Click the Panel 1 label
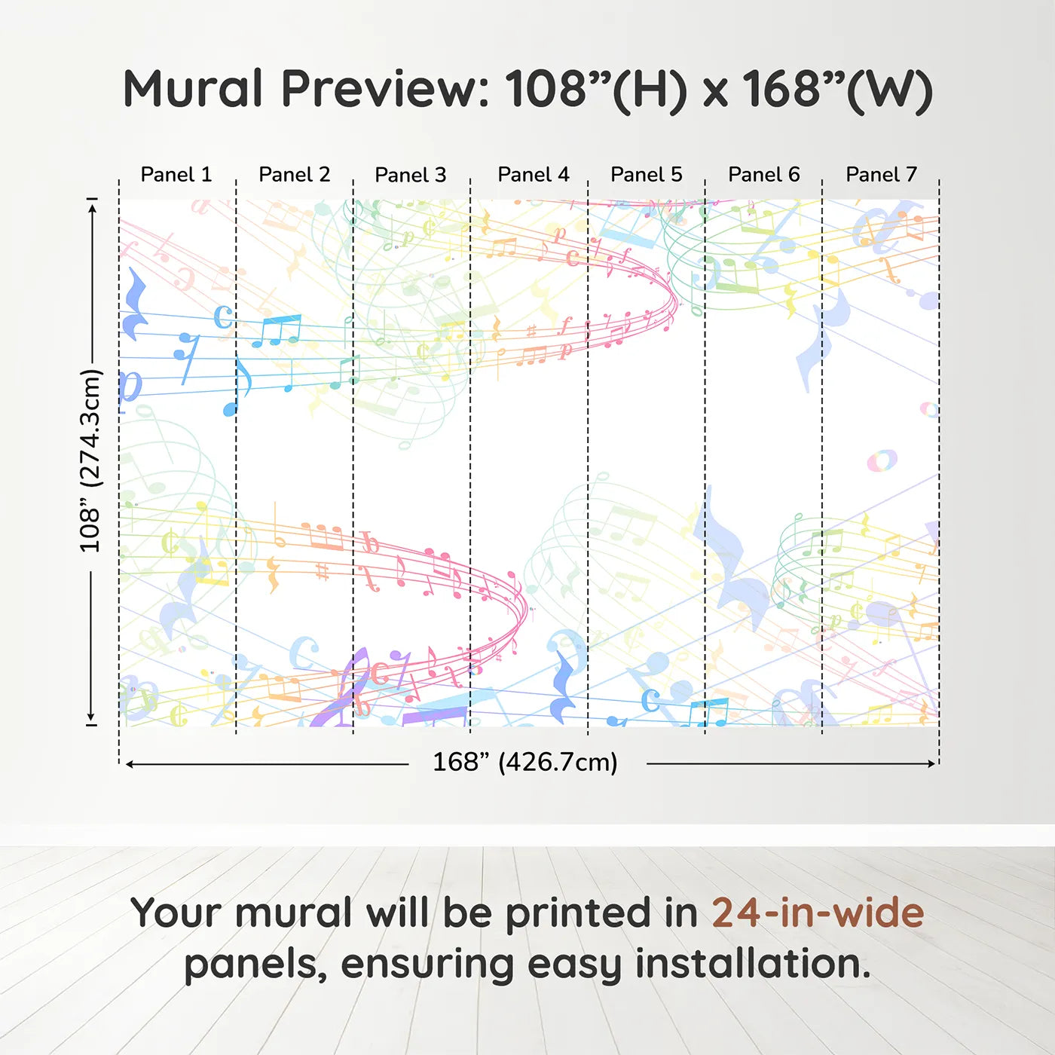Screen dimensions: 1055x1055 pos(176,175)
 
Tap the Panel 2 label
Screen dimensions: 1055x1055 pos(295,175)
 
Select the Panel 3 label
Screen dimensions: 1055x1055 pos(411,175)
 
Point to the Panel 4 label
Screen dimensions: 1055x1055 pos(534,175)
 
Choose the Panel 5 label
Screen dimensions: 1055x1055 pos(647,175)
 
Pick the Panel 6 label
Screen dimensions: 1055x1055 pos(763,175)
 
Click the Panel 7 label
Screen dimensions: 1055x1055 pos(882,175)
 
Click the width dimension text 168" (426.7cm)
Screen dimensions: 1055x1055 pos(525,762)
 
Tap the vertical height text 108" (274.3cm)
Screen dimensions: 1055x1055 pos(91,460)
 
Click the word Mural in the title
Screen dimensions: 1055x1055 pos(193,89)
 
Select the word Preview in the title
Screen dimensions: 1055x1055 pos(384,89)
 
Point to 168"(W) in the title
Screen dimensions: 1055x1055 pos(837,90)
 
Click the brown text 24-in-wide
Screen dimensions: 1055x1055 pos(818,913)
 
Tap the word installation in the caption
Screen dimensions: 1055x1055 pos(753,964)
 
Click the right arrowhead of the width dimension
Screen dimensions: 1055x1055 pos(932,763)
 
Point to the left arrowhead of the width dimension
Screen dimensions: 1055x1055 pos(130,764)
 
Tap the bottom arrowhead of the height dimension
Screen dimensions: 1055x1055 pos(91,717)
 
